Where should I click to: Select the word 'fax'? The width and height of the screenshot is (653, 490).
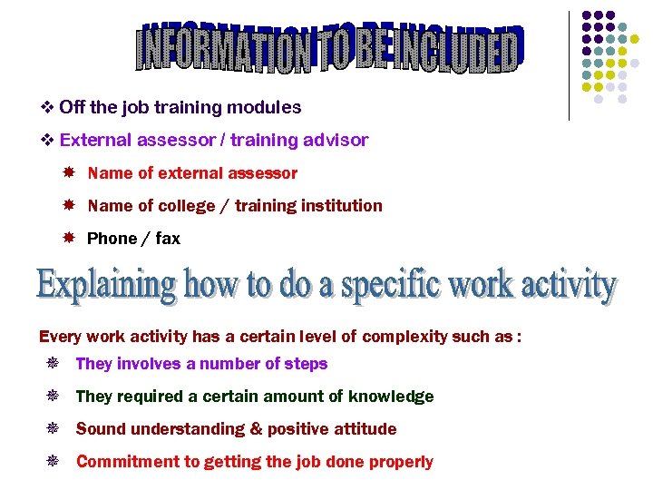point(168,239)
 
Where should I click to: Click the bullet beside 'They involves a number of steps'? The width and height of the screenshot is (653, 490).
point(53,364)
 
